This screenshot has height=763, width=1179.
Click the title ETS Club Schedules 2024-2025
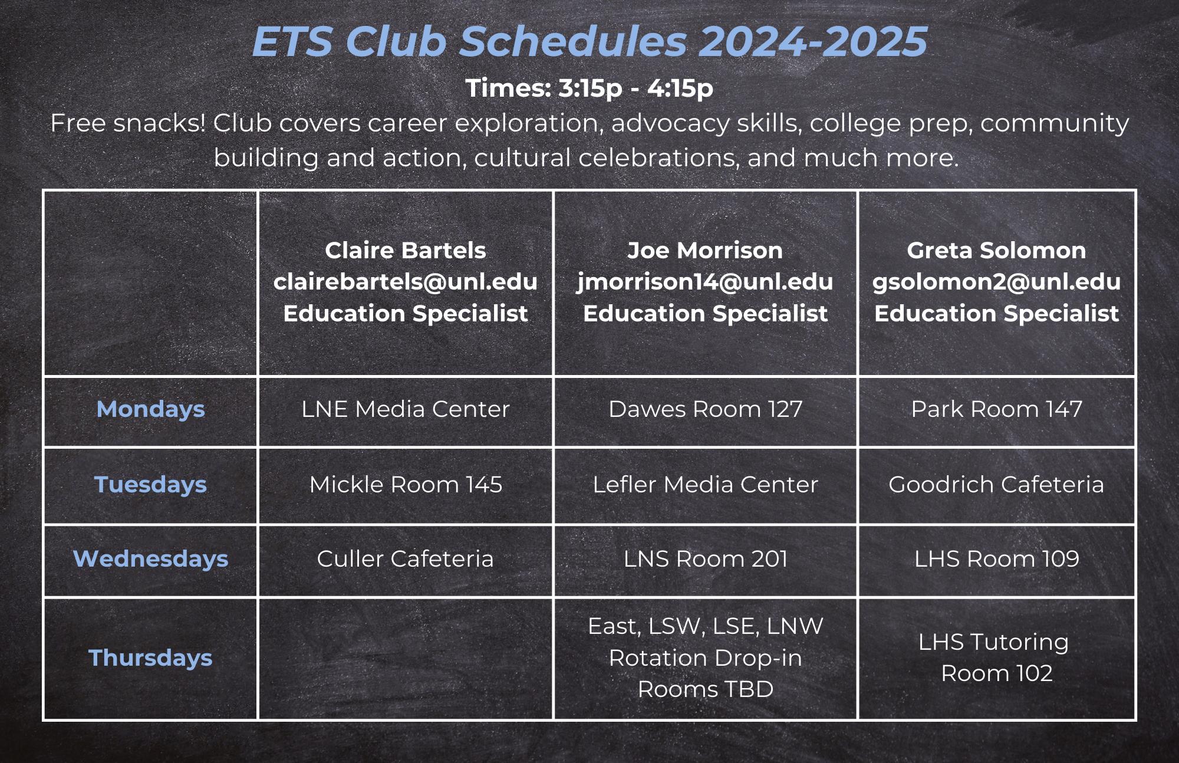[589, 41]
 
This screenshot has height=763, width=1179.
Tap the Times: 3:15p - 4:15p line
[589, 88]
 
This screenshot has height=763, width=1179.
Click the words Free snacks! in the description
[128, 123]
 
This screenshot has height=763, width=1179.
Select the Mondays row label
[150, 409]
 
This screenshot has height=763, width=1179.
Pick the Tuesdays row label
[150, 485]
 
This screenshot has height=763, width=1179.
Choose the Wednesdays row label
[150, 559]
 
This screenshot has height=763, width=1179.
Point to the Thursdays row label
[150, 658]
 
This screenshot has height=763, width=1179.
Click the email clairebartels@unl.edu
[406, 282]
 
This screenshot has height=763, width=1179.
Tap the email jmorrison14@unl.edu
[705, 282]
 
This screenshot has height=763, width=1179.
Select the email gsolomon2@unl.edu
[996, 282]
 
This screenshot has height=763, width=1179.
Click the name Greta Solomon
[996, 251]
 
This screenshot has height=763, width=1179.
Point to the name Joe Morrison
[705, 251]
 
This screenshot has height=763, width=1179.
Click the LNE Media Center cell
[406, 409]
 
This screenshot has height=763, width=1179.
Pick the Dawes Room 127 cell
[705, 409]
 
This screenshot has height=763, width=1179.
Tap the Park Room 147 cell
[996, 409]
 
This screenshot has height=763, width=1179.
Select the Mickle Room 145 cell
[406, 485]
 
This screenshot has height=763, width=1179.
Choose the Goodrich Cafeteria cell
[996, 485]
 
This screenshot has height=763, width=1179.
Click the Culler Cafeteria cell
[406, 559]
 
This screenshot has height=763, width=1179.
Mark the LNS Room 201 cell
[705, 559]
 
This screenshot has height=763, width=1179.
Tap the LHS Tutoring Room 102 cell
[996, 657]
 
